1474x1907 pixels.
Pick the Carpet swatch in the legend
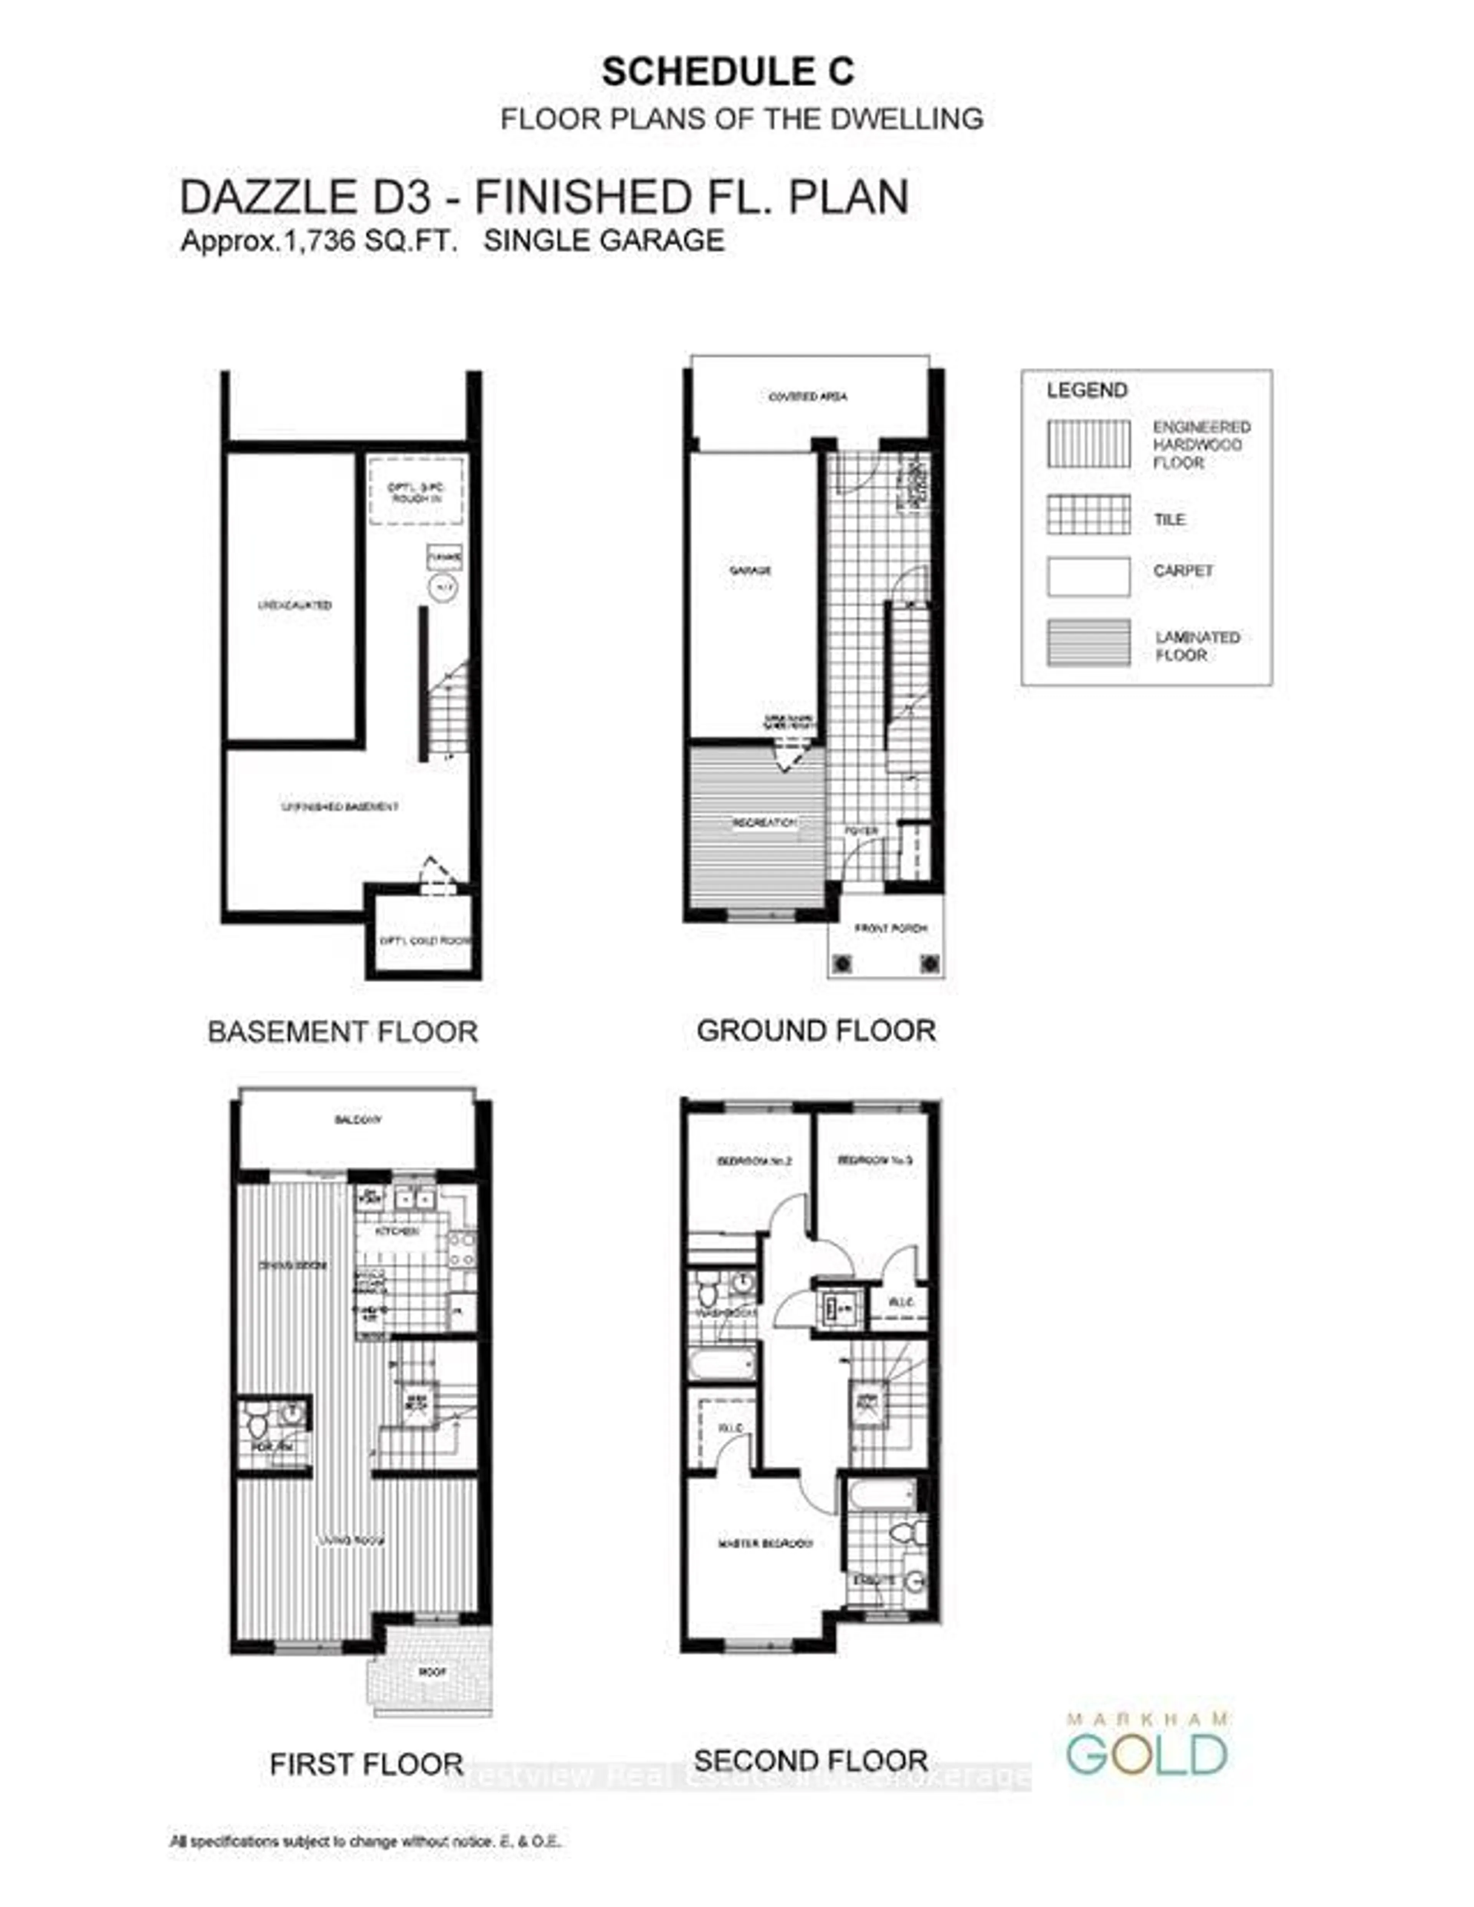1088,576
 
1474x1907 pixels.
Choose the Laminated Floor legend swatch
1088,643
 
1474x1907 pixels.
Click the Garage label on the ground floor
750,570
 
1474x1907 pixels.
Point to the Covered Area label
808,397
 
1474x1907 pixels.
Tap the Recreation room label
764,823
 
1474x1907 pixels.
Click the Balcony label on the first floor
358,1119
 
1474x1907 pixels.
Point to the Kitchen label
397,1231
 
